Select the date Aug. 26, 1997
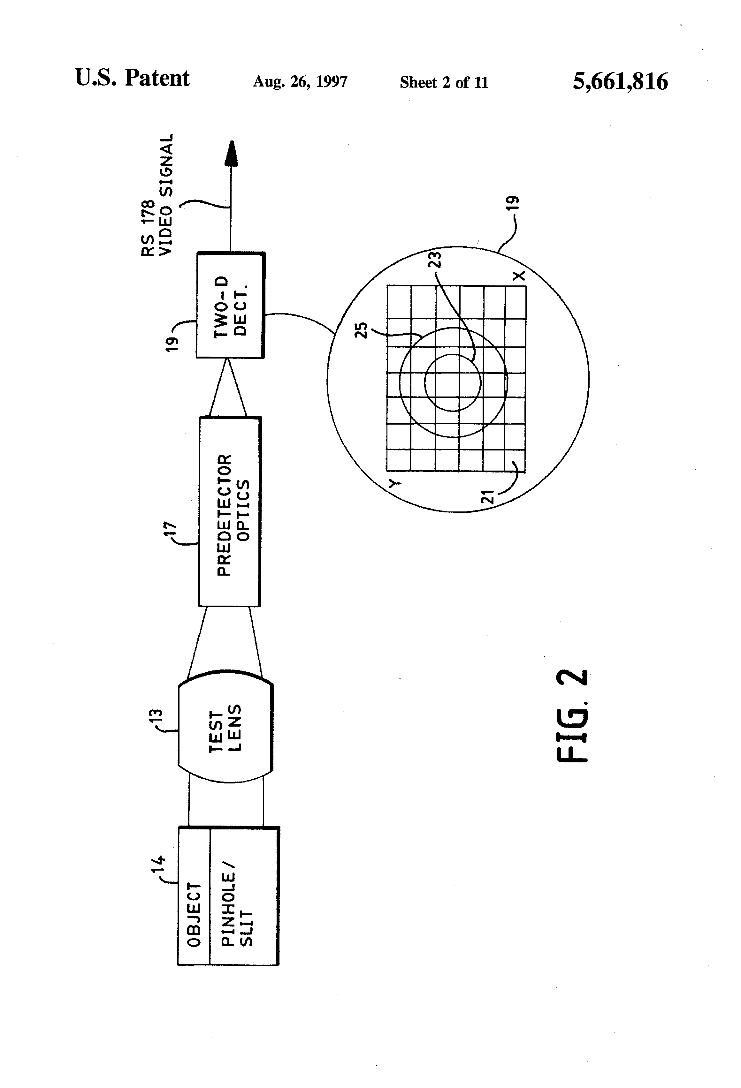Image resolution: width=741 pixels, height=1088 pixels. click(300, 82)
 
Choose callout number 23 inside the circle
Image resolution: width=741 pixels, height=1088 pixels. click(435, 260)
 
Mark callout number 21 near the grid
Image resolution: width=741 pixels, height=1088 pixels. click(488, 496)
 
